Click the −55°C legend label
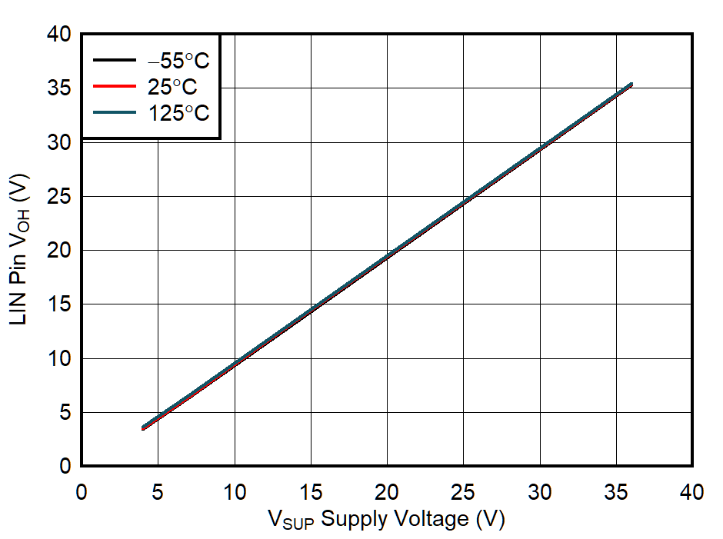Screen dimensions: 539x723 [x=178, y=61]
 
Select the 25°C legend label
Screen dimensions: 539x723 [x=173, y=87]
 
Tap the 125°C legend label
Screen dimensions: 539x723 [x=178, y=113]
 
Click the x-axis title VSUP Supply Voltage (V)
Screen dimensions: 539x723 [x=386, y=520]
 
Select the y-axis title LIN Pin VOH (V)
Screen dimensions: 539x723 [x=20, y=249]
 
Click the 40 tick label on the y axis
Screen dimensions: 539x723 [x=59, y=35]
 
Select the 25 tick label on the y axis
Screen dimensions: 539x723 [x=59, y=197]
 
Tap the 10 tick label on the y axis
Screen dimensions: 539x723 [x=59, y=359]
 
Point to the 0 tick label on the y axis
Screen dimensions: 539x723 [x=65, y=467]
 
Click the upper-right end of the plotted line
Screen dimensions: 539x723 [x=631, y=85]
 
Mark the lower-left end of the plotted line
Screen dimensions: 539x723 [x=143, y=428]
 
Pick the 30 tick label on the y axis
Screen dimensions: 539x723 [x=59, y=143]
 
